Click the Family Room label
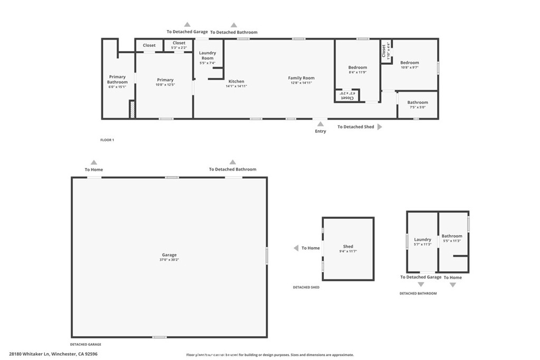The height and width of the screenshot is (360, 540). tap(301, 78)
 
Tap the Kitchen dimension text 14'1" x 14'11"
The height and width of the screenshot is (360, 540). tap(236, 86)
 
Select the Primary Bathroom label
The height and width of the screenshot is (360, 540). tap(117, 79)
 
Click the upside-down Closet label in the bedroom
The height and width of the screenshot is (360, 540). tap(348, 95)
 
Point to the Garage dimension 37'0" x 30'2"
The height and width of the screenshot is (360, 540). tap(169, 260)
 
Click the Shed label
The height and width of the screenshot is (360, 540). tap(348, 247)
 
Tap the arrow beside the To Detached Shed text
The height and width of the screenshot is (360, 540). tap(380, 127)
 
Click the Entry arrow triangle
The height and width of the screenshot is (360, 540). tap(320, 124)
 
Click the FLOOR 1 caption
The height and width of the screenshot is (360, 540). tap(107, 140)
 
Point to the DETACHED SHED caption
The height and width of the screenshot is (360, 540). tap(306, 287)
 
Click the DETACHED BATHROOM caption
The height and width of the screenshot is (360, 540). tap(418, 293)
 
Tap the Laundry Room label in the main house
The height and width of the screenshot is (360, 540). tap(207, 55)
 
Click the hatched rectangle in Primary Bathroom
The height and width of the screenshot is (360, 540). tap(132, 110)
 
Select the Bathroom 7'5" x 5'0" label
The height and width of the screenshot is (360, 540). tap(418, 102)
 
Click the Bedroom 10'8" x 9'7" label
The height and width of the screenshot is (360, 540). tap(409, 63)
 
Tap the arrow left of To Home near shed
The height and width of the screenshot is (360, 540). tap(296, 248)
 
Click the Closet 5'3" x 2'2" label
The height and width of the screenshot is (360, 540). tap(179, 43)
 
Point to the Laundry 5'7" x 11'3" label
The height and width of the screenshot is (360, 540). tap(422, 240)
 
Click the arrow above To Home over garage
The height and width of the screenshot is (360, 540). tap(94, 162)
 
